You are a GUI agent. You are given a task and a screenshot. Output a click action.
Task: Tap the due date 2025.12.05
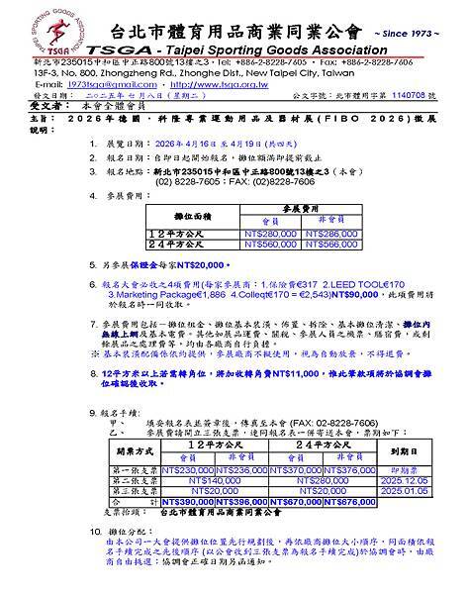404,481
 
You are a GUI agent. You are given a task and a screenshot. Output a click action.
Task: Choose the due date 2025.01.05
404,491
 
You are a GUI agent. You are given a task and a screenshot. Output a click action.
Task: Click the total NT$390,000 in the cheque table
185,502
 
